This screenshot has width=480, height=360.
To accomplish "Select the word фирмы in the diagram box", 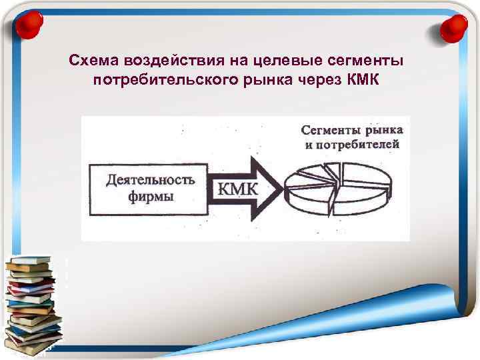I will tap(151, 197).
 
